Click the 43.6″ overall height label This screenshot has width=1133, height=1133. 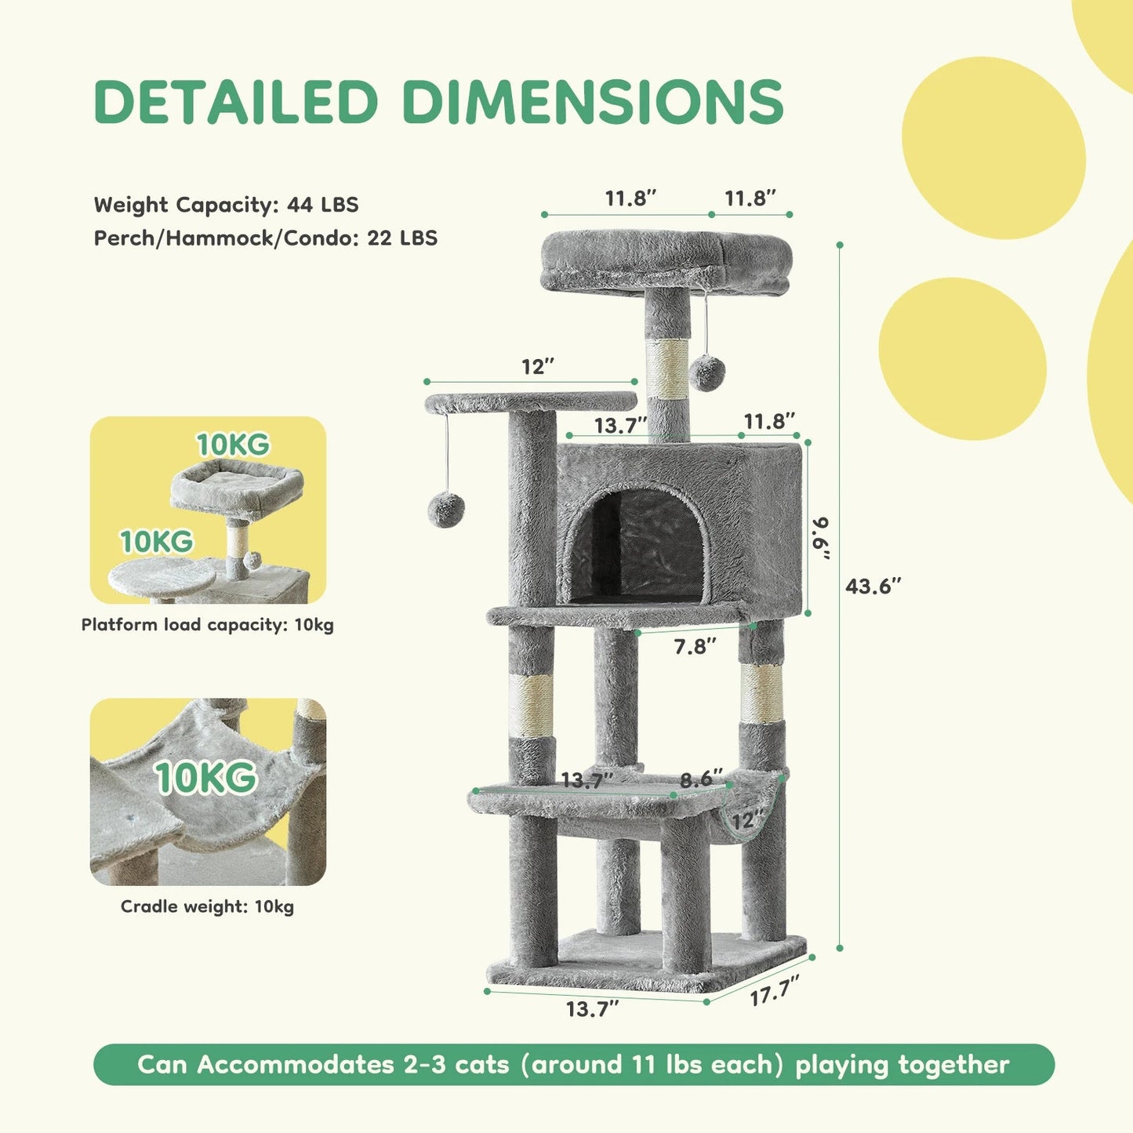click(873, 586)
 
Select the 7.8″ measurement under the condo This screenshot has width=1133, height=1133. click(695, 646)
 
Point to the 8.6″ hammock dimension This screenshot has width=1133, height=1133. click(701, 779)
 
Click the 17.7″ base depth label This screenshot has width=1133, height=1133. click(775, 991)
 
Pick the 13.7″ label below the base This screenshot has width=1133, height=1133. click(592, 1009)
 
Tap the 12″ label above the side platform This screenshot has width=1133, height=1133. click(538, 366)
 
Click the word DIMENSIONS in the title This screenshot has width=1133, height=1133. click(593, 102)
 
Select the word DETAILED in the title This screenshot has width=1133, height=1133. click(236, 102)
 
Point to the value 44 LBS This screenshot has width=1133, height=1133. click(323, 205)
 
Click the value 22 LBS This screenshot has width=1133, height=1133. click(402, 238)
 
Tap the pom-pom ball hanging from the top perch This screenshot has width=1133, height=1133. click(708, 372)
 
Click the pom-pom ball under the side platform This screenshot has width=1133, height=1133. click(446, 510)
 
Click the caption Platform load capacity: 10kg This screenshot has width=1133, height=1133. click(208, 625)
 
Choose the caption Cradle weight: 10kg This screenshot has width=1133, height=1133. click(208, 906)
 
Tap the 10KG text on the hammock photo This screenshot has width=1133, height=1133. click(206, 778)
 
